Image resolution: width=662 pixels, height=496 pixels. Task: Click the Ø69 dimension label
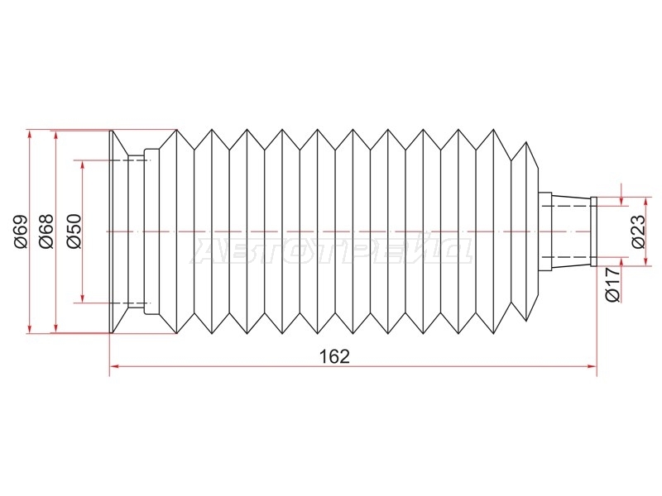(22, 231)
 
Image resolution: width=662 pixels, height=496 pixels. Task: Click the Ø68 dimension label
(46, 231)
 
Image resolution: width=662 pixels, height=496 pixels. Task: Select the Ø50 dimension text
(73, 231)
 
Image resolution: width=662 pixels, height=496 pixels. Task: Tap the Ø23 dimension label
(639, 231)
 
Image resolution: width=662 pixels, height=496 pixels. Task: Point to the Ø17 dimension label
(613, 284)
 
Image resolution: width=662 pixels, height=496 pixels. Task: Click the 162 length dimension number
(335, 357)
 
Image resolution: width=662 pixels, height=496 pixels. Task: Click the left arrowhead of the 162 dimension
(115, 366)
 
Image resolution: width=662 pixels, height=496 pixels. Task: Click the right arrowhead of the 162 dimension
(592, 366)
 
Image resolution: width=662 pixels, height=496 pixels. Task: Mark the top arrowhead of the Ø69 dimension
(29, 135)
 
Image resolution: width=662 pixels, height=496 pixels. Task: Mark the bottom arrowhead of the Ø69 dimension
(29, 327)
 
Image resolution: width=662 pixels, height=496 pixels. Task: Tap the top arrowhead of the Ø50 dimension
(83, 165)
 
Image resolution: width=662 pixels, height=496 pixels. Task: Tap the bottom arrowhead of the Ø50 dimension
(83, 298)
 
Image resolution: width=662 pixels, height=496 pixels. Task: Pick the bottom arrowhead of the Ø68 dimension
(55, 327)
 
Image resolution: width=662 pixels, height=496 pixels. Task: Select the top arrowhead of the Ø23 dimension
(645, 202)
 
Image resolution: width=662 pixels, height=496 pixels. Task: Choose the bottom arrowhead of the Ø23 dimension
(645, 261)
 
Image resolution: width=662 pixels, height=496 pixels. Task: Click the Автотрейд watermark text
(333, 251)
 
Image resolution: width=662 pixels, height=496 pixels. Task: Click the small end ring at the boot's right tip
(593, 231)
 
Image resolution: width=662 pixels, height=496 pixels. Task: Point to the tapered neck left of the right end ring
(571, 231)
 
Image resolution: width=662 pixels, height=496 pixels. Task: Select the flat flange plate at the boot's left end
(112, 231)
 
